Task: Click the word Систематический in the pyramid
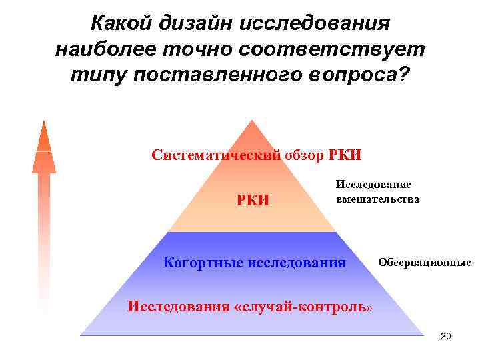coord(209,156)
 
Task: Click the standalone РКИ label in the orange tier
coord(253,199)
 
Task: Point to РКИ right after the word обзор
coord(345,156)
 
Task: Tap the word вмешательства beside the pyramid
coord(377,199)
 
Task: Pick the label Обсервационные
coord(425,262)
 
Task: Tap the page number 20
coord(446,336)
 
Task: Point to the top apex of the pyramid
coord(251,121)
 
